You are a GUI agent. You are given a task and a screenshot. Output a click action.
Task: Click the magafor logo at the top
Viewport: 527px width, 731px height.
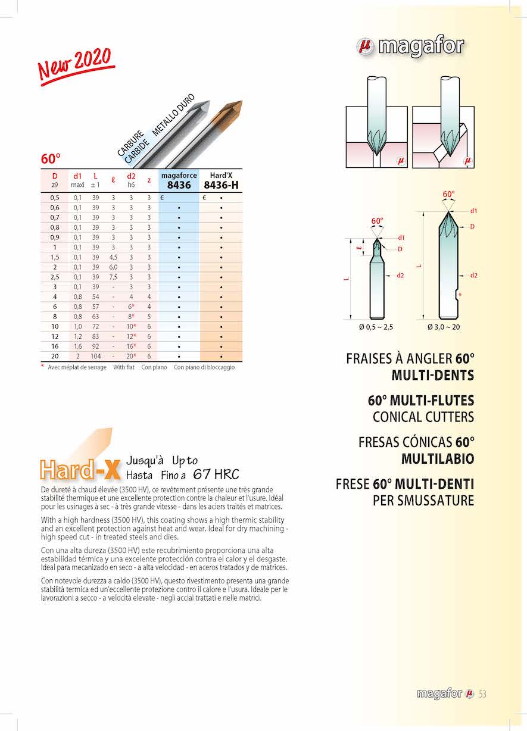click(410, 46)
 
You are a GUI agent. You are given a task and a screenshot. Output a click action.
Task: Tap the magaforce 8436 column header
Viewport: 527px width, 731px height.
click(179, 181)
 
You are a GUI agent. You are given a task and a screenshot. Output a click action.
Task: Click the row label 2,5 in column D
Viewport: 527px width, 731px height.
click(55, 277)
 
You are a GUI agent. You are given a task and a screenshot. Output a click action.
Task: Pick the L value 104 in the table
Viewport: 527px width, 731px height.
click(95, 356)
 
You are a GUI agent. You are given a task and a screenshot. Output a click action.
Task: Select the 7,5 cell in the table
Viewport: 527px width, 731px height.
click(113, 277)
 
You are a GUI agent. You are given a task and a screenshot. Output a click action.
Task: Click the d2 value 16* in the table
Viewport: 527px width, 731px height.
click(132, 346)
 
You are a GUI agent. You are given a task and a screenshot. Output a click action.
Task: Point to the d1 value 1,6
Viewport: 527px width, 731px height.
click(77, 346)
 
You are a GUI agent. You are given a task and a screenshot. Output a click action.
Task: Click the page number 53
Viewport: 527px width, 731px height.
click(482, 693)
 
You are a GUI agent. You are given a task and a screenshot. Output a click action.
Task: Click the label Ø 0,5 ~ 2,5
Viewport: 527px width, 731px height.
click(376, 327)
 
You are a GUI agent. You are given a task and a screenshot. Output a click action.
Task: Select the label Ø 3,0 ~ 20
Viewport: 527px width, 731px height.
click(444, 327)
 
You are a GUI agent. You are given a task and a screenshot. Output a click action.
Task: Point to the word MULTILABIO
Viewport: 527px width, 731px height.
click(438, 459)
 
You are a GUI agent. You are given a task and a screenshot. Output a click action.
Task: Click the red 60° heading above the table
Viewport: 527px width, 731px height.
click(51, 159)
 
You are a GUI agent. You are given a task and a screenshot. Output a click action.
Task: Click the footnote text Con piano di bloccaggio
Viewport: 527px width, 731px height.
click(204, 367)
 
